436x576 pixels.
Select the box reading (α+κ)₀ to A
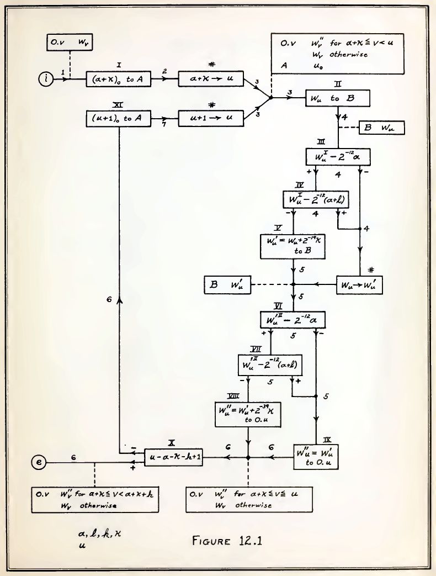(119, 80)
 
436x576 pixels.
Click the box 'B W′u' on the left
(227, 285)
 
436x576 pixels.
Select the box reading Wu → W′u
(360, 285)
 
